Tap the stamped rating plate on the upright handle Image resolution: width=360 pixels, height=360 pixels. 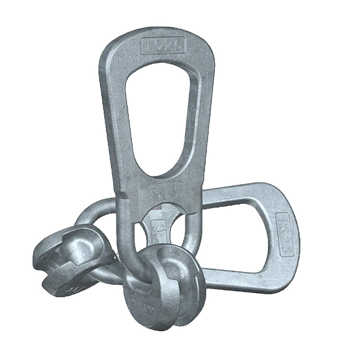pyautogui.click(x=163, y=45)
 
